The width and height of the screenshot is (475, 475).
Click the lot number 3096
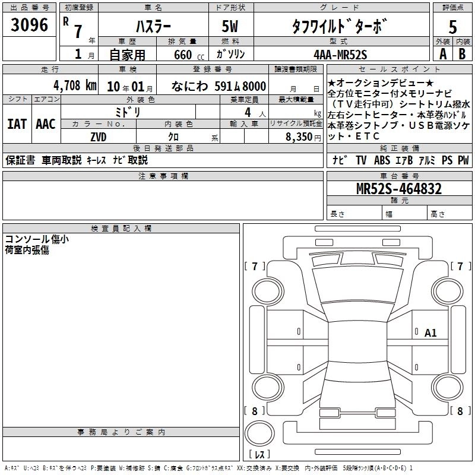[29, 25]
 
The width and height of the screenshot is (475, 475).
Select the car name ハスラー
[154, 27]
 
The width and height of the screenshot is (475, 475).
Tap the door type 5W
[230, 26]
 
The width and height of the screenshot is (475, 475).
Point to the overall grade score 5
[452, 27]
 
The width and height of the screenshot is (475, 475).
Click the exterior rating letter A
[443, 54]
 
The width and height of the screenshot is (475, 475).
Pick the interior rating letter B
[462, 54]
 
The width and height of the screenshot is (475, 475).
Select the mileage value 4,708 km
[75, 85]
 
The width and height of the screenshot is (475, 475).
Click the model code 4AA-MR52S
[340, 55]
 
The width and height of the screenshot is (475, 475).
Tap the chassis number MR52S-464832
[399, 189]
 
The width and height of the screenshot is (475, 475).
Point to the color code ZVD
[99, 137]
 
